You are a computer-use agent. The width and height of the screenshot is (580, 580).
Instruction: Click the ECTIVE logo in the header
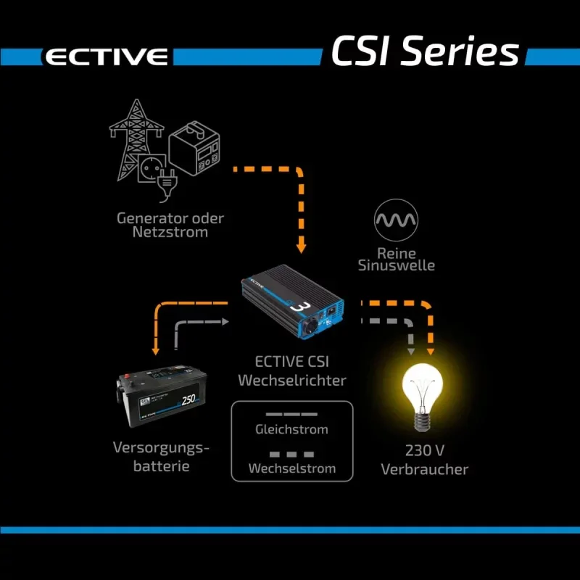[106, 57]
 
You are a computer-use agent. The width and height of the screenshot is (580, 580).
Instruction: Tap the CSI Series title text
[425, 51]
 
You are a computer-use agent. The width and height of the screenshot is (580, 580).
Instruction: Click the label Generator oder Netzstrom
[170, 225]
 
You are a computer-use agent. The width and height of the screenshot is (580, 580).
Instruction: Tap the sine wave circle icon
[396, 220]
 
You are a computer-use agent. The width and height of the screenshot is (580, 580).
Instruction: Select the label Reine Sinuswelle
[397, 259]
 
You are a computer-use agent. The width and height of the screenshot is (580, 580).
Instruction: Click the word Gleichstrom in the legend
[291, 429]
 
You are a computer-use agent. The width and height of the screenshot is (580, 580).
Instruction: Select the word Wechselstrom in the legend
[291, 468]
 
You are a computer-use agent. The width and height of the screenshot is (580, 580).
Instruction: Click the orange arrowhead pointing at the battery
[154, 351]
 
